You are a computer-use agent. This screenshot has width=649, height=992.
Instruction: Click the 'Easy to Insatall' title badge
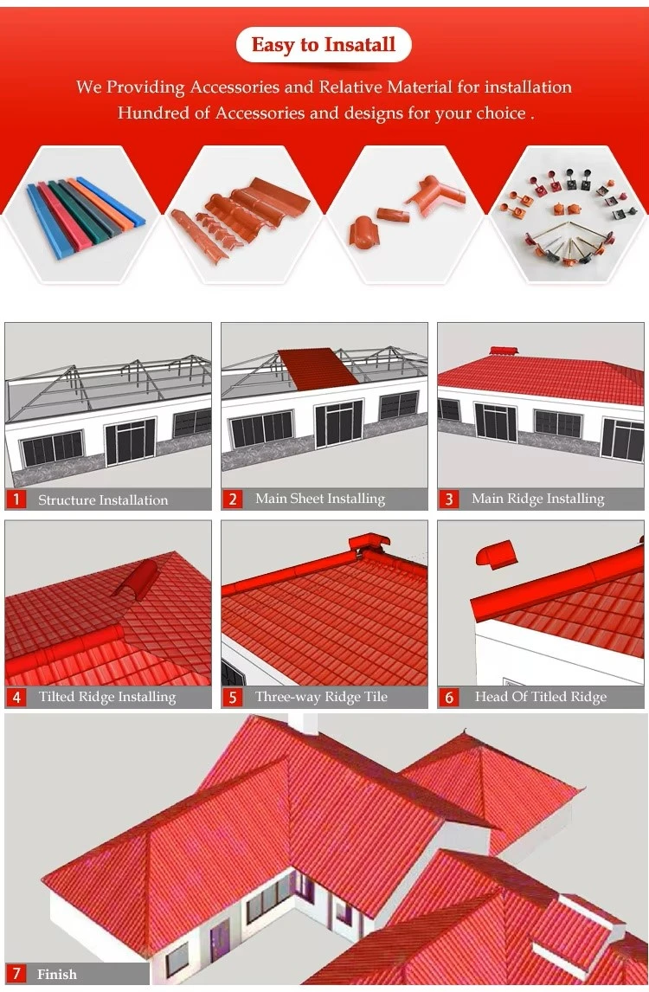point(324,45)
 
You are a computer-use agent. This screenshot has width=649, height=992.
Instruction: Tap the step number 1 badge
point(16,499)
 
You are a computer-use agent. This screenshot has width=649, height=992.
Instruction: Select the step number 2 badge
point(232,499)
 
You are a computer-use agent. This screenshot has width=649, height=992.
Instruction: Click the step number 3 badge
point(448,499)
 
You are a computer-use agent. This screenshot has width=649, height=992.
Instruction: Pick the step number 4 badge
point(16,697)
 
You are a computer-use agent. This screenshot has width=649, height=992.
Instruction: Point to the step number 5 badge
point(232,697)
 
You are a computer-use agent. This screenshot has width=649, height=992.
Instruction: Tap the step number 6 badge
point(448,697)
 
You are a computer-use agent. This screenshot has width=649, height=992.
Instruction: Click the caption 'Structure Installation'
point(103,499)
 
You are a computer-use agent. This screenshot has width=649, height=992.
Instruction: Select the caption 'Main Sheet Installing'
point(320,499)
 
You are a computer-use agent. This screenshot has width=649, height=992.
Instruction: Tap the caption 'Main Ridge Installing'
point(537,499)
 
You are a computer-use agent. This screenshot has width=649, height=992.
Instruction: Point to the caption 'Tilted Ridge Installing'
point(107,697)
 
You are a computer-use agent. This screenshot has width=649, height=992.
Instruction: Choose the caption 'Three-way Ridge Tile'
point(321,697)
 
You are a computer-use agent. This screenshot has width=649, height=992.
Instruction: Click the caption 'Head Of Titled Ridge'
point(541,697)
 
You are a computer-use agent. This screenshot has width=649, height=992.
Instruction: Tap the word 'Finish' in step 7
point(57,975)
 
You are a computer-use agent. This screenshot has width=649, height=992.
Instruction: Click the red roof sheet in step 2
point(318,368)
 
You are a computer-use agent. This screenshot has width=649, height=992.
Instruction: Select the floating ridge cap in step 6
point(496,554)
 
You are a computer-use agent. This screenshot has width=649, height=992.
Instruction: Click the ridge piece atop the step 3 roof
point(504,351)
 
